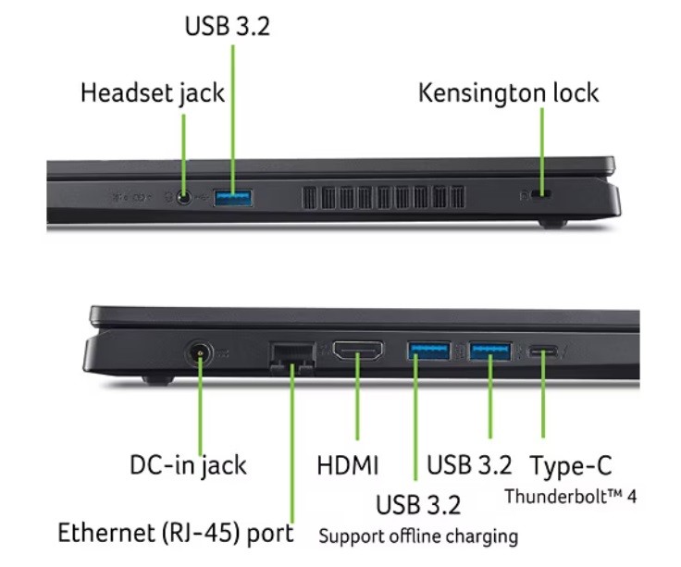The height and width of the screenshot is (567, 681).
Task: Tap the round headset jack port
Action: coord(184,198)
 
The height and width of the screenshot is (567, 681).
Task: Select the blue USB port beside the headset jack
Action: coord(233,198)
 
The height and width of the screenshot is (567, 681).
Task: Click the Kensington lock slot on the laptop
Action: coord(541,193)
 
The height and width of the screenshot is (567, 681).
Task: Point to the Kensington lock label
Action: coord(509,92)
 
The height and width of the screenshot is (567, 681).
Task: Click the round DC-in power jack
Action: coord(199,353)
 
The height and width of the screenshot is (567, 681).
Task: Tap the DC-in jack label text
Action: coord(188,466)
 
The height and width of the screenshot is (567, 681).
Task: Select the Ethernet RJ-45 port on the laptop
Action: coord(291,358)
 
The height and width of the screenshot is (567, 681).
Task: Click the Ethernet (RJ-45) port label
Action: coord(176,533)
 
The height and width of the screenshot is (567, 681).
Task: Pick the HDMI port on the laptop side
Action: coord(358,351)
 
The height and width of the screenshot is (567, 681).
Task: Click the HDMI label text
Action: coord(348,465)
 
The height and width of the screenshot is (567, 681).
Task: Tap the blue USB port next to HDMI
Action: coord(428,351)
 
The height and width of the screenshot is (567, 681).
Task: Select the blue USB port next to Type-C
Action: coord(489,351)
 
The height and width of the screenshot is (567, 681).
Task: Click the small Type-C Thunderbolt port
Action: coord(543,351)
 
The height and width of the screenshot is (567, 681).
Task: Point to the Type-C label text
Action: coord(571,465)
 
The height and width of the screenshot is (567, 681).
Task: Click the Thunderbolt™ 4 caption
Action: coord(571,496)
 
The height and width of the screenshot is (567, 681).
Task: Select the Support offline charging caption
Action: coord(418,536)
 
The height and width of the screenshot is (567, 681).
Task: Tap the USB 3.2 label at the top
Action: coord(227,26)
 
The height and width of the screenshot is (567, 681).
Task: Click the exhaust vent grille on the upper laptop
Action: coord(383,198)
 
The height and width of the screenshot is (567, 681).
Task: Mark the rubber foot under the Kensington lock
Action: coord(553,224)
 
